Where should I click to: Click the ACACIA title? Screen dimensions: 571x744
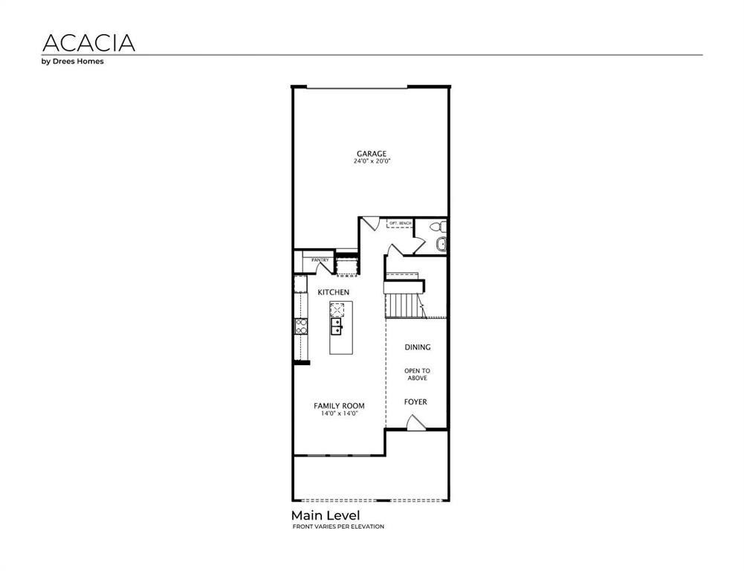pyautogui.click(x=88, y=42)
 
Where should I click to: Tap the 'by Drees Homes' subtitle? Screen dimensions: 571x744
pyautogui.click(x=72, y=62)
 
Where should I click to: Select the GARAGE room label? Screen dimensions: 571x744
pyautogui.click(x=371, y=154)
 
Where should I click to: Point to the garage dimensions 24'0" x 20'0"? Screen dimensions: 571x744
pyautogui.click(x=372, y=161)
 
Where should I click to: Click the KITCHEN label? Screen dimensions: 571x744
pyautogui.click(x=333, y=292)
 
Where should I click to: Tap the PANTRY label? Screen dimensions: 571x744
pyautogui.click(x=320, y=259)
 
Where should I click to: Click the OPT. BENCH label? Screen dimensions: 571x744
pyautogui.click(x=400, y=224)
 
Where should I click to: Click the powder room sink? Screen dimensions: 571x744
pyautogui.click(x=441, y=243)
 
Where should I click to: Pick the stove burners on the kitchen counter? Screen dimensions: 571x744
pyautogui.click(x=301, y=325)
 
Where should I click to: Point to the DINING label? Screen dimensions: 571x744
pyautogui.click(x=417, y=347)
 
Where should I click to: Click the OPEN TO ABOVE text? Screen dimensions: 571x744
pyautogui.click(x=417, y=374)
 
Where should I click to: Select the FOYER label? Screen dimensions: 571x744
pyautogui.click(x=415, y=402)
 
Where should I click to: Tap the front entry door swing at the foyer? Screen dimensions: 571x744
pyautogui.click(x=416, y=423)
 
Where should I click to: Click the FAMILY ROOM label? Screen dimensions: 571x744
pyautogui.click(x=339, y=406)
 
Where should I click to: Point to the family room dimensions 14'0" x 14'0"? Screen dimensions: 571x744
pyautogui.click(x=339, y=413)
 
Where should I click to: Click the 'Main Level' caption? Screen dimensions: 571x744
pyautogui.click(x=326, y=515)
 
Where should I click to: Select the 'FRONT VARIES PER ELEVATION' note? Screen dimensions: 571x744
pyautogui.click(x=338, y=526)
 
